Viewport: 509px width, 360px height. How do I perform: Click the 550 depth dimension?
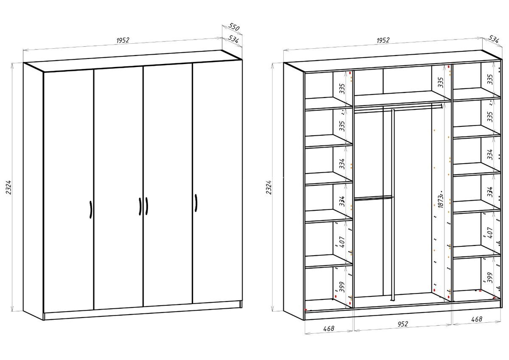(x=234, y=27)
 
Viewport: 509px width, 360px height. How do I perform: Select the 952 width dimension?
(x=403, y=324)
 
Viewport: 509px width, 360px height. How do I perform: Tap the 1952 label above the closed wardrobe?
(x=123, y=40)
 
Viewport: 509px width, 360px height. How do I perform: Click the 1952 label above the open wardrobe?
(x=383, y=40)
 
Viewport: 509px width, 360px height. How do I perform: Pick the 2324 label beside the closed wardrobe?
(x=8, y=187)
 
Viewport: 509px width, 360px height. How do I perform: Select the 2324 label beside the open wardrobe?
(x=269, y=187)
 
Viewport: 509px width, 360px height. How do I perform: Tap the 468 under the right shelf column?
(x=477, y=319)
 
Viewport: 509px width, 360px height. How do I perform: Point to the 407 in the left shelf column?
(x=342, y=242)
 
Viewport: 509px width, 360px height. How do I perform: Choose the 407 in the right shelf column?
(x=490, y=233)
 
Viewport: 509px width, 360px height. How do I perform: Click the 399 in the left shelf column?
(x=342, y=287)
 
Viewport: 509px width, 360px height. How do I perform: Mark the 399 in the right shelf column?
(x=490, y=278)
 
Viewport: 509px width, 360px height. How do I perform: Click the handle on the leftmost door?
(x=91, y=209)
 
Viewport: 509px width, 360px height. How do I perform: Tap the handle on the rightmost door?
(x=196, y=203)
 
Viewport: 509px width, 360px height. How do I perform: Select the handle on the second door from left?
(x=140, y=207)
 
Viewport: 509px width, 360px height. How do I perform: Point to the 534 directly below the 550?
(x=233, y=39)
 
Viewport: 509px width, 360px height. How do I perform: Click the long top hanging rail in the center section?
(x=398, y=108)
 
